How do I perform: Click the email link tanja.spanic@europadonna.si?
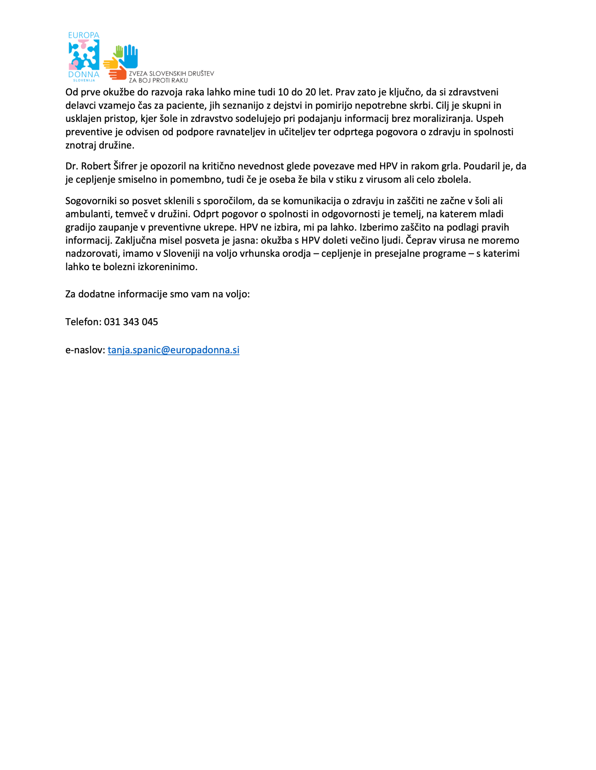click(x=174, y=350)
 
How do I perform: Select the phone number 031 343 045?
click(x=131, y=322)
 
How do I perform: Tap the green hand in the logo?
click(x=119, y=51)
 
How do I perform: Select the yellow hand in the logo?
click(x=111, y=63)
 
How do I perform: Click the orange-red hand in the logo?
click(x=118, y=73)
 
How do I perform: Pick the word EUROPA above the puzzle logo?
click(x=84, y=35)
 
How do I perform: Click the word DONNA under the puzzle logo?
click(x=84, y=74)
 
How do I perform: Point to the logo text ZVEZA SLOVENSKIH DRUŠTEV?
click(x=171, y=74)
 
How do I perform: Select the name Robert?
click(x=96, y=166)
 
